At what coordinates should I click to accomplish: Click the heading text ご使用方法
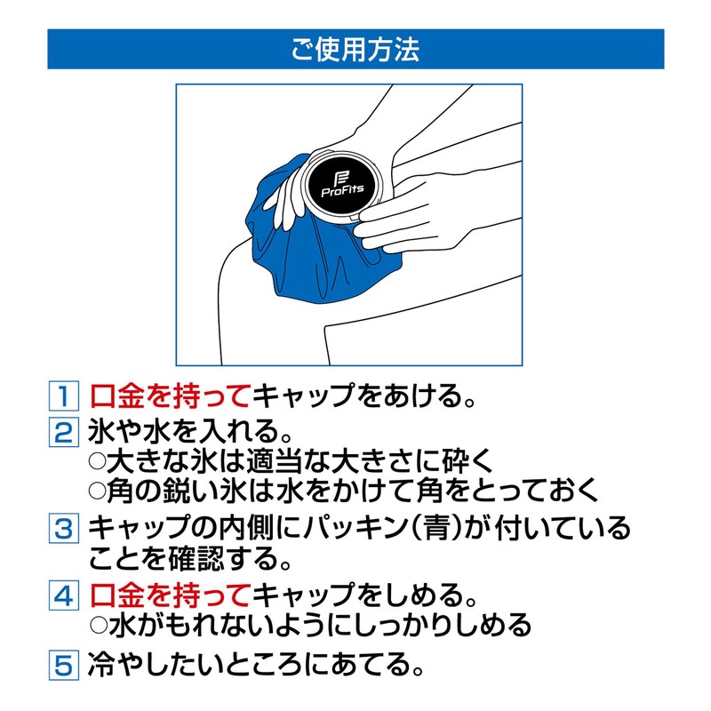tap(355, 49)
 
